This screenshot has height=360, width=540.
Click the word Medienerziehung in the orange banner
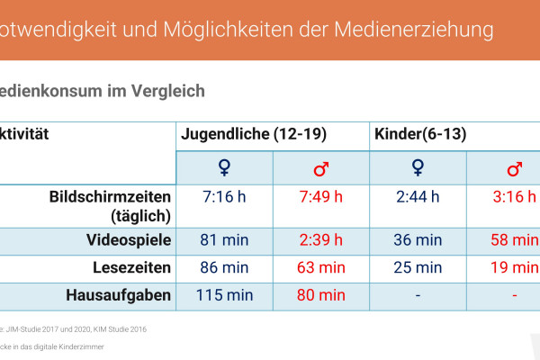417,30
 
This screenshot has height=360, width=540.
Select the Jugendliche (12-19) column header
253,135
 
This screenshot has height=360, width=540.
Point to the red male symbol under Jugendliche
320,169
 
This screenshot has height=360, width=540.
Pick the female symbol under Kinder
418,168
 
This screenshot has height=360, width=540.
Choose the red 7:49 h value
320,197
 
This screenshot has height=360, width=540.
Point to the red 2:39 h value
320,240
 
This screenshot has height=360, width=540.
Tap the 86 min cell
224,267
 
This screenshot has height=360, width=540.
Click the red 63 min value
320,267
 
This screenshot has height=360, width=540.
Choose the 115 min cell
224,294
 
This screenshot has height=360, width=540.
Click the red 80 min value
320,294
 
